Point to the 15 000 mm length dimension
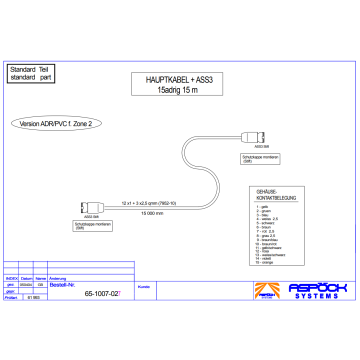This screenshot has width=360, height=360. point(151,214)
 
